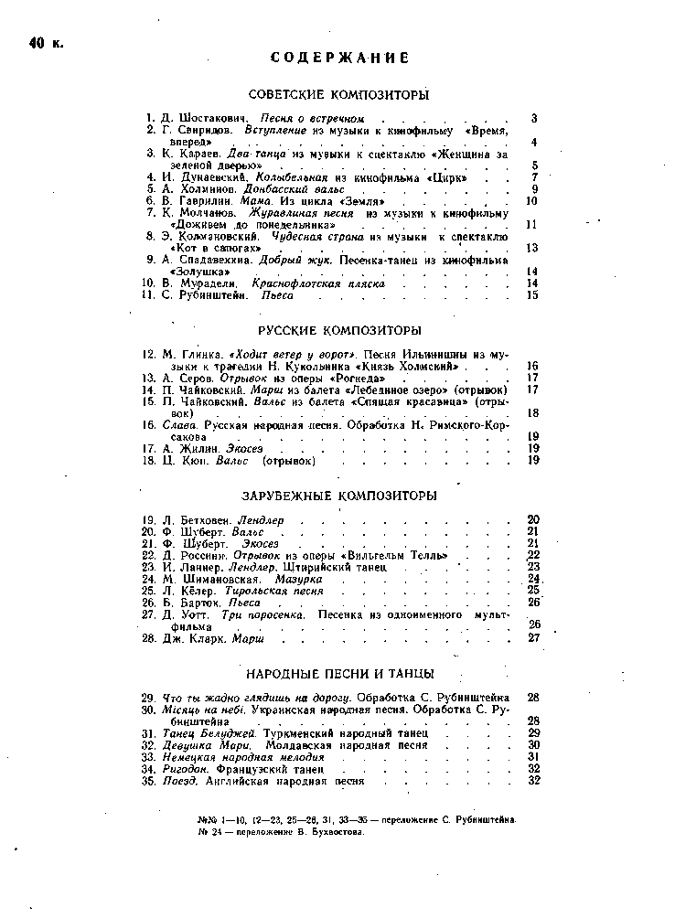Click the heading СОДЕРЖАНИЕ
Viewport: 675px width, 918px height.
pos(339,59)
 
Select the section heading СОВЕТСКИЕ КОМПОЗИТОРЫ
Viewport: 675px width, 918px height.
pos(338,95)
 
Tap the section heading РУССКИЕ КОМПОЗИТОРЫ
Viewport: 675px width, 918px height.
pos(338,330)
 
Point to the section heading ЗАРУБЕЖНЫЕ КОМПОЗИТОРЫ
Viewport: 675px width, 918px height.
pos(338,496)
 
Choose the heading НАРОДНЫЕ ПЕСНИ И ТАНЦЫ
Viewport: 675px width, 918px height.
pos(339,674)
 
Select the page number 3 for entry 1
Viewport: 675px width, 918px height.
pos(533,120)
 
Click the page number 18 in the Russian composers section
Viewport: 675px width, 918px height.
pos(533,413)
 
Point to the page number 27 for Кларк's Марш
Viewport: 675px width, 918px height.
pos(534,638)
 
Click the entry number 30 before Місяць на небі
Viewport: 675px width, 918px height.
pos(148,710)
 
